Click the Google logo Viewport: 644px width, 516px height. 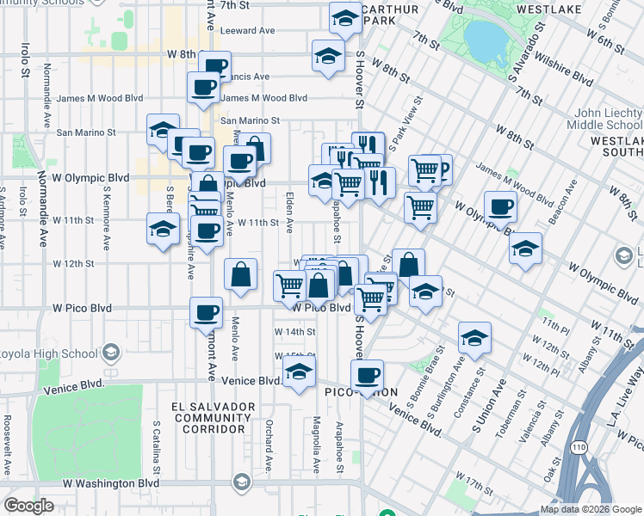[28, 506]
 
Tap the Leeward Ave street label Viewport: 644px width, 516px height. [247, 30]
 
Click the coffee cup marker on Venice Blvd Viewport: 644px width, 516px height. [368, 375]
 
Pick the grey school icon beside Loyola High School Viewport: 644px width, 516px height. [110, 353]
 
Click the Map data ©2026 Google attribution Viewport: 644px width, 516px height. [591, 509]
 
